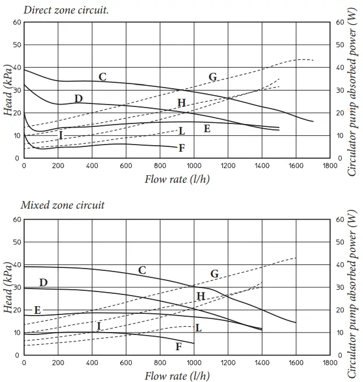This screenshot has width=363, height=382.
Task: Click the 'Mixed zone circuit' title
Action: (62, 205)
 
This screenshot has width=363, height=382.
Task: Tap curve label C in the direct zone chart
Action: (102, 76)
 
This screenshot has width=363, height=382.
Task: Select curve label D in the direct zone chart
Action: (78, 98)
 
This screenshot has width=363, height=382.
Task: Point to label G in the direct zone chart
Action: (212, 77)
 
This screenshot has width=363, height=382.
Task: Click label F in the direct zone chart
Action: (182, 148)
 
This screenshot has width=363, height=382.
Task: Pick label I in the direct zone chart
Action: (60, 135)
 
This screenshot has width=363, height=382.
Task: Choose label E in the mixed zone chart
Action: (37, 310)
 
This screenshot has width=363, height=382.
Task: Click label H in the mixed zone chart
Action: (201, 296)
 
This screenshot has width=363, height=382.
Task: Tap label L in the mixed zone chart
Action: (198, 327)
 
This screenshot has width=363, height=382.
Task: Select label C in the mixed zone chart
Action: (142, 270)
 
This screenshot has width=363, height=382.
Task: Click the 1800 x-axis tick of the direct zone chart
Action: (331, 166)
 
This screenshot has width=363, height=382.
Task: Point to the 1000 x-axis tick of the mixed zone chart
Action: (194, 363)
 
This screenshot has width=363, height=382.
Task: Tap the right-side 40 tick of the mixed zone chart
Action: (339, 264)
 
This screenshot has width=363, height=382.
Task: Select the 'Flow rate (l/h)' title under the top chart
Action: (176, 179)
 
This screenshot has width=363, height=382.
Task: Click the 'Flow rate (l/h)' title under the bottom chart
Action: (176, 376)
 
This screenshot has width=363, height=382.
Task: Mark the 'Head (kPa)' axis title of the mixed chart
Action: (8, 287)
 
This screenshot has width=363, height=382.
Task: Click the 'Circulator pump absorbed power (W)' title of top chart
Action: (353, 94)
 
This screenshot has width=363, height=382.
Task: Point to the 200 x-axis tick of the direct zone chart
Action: (58, 166)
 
